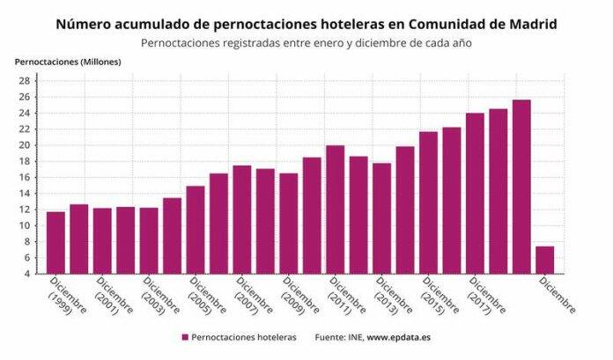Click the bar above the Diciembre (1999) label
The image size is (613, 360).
point(55,242)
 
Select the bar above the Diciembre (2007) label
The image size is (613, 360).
point(242,219)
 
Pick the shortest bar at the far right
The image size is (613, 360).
point(545,260)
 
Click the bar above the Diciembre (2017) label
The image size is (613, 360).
point(475,193)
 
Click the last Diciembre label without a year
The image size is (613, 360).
point(557,296)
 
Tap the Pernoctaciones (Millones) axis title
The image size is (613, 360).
point(68,62)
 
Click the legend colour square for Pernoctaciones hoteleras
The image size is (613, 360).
point(185,337)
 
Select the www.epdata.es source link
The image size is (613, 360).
point(399,337)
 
